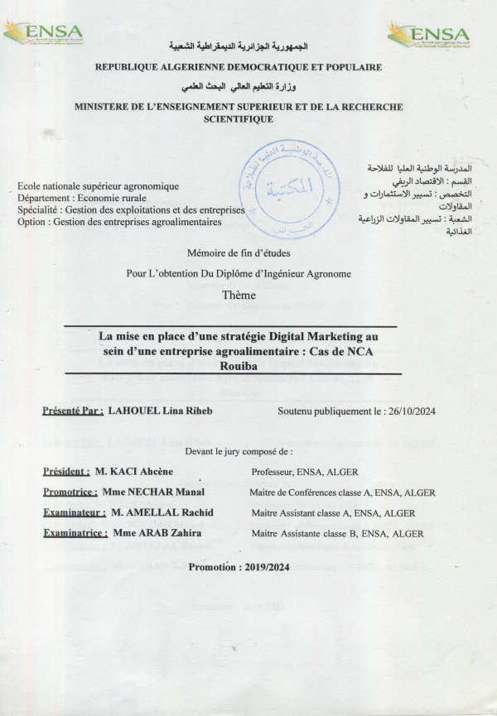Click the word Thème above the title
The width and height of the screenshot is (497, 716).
click(x=239, y=296)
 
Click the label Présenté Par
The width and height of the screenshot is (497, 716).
click(x=73, y=411)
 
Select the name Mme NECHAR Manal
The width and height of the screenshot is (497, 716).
click(x=150, y=493)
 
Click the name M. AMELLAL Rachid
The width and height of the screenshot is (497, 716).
click(x=162, y=513)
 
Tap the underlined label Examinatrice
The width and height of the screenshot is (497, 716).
click(x=75, y=534)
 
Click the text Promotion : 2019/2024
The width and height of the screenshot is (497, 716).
click(x=239, y=566)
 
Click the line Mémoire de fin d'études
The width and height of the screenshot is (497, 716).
click(x=239, y=252)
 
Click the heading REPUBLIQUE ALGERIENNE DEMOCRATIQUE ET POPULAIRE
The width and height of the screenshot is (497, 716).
click(x=239, y=66)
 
